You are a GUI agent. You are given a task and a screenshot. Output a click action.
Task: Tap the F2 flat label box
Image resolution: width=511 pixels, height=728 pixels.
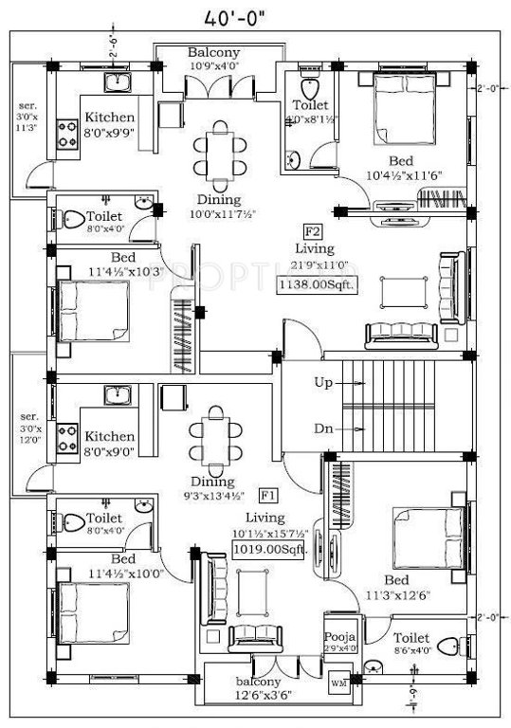tap(310, 231)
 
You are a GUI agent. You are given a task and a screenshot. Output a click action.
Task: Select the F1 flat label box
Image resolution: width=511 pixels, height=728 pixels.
tap(268, 495)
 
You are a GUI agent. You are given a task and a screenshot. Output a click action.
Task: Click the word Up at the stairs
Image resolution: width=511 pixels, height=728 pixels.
tap(322, 383)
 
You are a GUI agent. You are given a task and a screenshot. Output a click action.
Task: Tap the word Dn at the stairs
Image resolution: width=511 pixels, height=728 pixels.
tap(322, 428)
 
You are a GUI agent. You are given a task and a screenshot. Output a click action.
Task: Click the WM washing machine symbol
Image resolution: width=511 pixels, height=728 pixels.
tap(338, 681)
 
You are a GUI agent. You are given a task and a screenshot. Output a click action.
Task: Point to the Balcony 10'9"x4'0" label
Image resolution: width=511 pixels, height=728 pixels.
tap(213, 60)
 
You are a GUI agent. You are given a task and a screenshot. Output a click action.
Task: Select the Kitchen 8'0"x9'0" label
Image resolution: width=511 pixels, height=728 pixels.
tap(110, 443)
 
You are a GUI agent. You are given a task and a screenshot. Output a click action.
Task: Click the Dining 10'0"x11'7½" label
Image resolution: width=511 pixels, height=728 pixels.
tap(218, 208)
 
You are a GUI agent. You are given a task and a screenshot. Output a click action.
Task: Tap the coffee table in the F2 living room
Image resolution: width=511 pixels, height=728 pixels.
tap(397, 293)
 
